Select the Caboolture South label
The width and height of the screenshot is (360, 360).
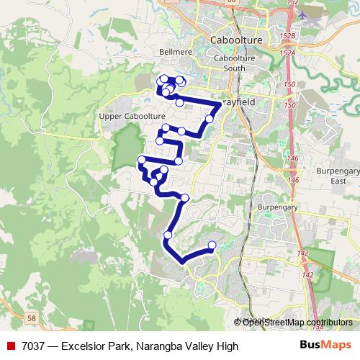(235, 63)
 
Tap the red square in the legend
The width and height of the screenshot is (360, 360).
(11, 346)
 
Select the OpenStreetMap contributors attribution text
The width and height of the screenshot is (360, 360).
(297, 323)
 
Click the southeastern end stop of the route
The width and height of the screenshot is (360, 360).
(212, 246)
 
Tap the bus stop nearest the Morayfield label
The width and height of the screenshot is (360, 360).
(210, 119)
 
